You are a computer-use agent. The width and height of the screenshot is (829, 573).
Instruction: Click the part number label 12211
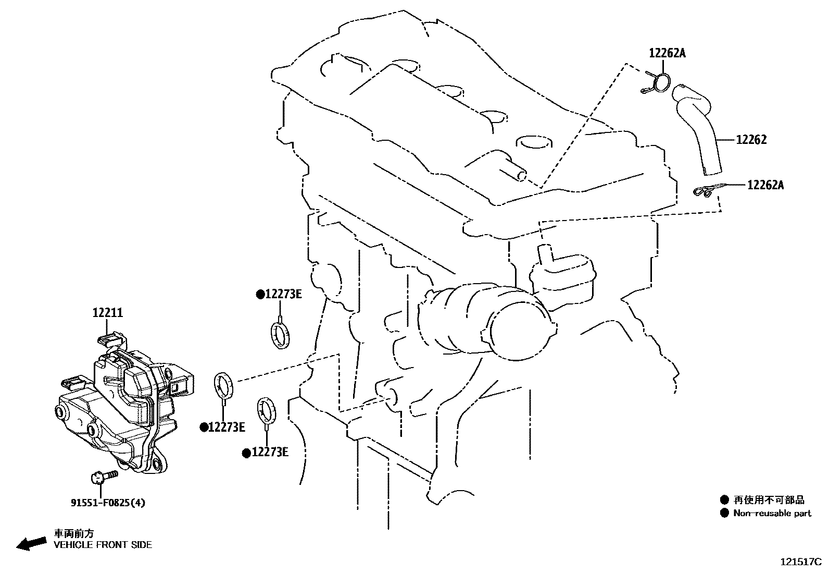tap(108, 313)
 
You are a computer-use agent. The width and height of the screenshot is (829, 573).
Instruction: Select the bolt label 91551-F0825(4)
tap(108, 503)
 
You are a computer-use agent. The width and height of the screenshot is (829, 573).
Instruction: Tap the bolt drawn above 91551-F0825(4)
tap(104, 476)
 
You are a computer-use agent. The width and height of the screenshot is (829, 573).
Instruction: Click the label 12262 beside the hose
tap(751, 140)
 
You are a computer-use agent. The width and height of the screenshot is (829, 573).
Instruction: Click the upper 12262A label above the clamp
tap(667, 53)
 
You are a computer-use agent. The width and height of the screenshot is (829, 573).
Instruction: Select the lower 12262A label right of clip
tap(765, 185)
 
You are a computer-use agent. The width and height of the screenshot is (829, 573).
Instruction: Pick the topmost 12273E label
tap(283, 294)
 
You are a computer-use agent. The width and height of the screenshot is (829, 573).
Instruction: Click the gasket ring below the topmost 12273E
tap(280, 335)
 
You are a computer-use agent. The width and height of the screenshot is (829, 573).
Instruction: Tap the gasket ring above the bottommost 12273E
tap(267, 409)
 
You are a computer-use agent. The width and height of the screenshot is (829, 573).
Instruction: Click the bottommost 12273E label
tap(269, 452)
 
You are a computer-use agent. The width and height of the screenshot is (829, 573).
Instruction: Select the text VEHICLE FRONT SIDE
tap(103, 545)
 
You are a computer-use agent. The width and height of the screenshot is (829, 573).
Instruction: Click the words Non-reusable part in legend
tap(772, 513)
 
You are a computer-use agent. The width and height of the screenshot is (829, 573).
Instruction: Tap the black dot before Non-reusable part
tap(724, 513)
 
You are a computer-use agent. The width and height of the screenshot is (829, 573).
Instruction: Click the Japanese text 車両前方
tap(74, 533)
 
